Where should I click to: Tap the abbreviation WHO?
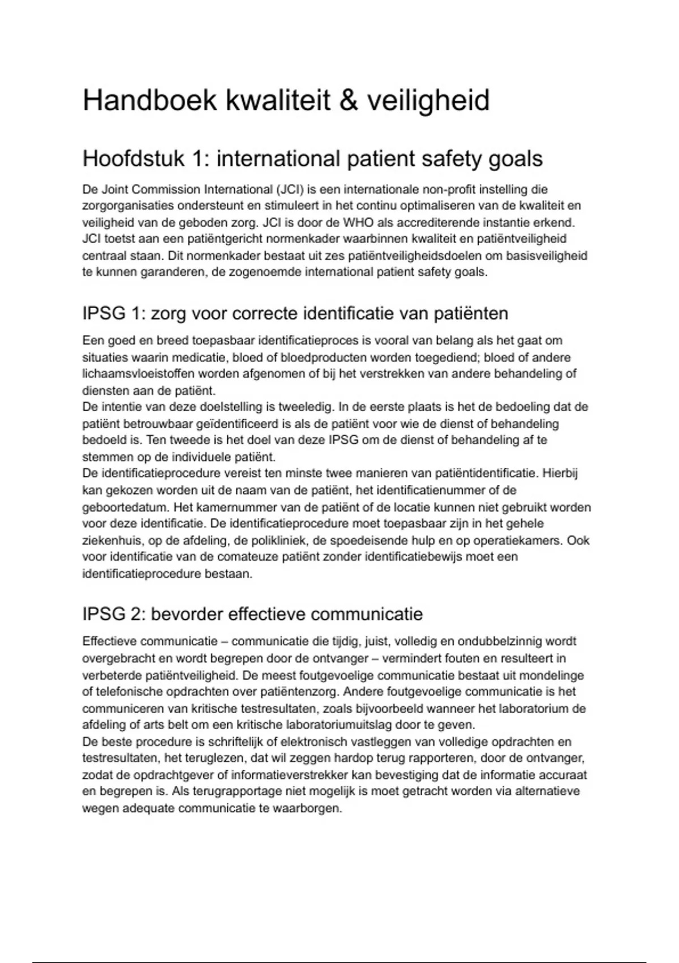[358, 222]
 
